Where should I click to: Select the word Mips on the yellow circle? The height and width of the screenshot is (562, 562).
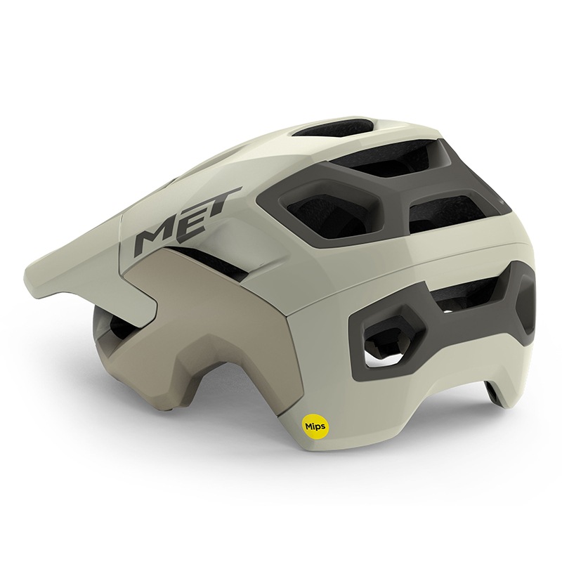coord(315,427)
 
